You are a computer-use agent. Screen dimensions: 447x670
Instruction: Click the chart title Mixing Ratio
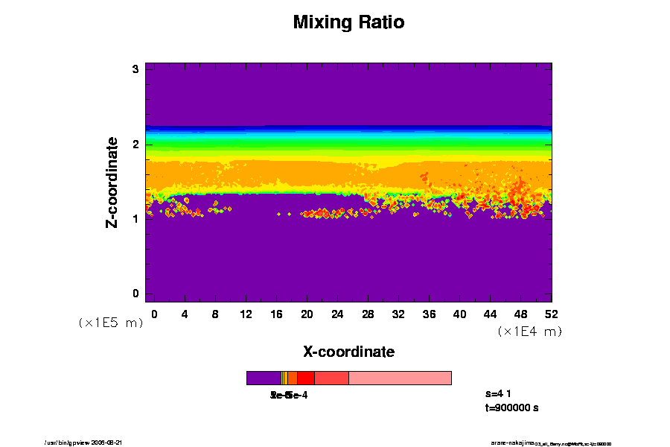click(348, 22)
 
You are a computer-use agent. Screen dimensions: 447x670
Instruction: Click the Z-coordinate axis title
click(112, 182)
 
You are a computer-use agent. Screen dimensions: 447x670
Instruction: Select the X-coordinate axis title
click(348, 352)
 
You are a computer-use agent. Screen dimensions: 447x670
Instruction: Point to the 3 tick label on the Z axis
click(136, 69)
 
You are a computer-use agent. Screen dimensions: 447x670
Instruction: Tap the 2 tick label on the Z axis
click(136, 144)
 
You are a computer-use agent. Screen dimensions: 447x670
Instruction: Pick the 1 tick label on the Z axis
click(136, 218)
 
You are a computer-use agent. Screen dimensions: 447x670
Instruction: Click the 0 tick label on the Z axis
click(136, 294)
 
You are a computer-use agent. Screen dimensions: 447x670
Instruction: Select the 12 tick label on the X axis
click(246, 314)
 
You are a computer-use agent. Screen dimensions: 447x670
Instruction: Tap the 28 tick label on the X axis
click(368, 314)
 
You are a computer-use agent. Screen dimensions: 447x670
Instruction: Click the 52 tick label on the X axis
click(551, 314)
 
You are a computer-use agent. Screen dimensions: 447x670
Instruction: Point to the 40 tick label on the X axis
click(459, 314)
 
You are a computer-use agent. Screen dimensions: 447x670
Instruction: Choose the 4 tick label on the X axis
click(185, 314)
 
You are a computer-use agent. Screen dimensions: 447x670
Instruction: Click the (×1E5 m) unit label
click(110, 323)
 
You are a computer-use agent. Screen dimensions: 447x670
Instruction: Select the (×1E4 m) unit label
click(529, 332)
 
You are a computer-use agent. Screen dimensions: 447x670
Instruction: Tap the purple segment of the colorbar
click(264, 378)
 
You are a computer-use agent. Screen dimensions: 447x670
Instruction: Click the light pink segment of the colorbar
click(400, 378)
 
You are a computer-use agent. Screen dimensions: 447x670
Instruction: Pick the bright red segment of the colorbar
click(305, 378)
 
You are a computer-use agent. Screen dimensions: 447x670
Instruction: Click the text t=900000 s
click(511, 408)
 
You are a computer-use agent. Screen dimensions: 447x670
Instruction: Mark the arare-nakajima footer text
click(513, 443)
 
